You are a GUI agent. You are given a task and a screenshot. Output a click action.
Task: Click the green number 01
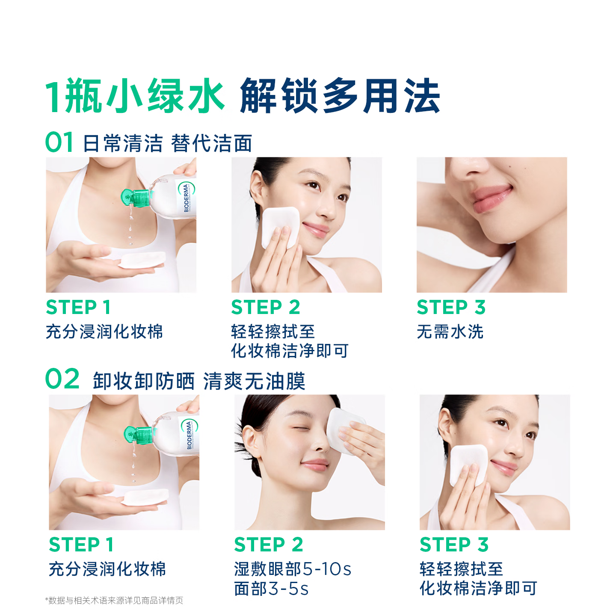[x=59, y=142]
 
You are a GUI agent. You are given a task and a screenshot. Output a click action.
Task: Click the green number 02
[x=62, y=379]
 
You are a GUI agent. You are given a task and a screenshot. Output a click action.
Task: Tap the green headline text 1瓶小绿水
[x=135, y=95]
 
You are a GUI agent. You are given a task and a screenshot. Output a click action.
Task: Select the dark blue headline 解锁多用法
[x=340, y=95]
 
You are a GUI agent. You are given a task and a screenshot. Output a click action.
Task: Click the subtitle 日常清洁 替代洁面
[x=168, y=143]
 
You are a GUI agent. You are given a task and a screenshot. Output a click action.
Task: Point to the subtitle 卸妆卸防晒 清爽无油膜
[x=199, y=381]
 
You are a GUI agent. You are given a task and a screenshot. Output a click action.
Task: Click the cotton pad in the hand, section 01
[x=142, y=260]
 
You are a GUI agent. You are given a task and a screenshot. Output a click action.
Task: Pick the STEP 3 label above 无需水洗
[x=451, y=308]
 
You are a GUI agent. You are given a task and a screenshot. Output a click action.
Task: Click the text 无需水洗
[x=450, y=332]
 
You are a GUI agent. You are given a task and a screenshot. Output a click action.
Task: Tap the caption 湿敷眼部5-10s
[x=293, y=569]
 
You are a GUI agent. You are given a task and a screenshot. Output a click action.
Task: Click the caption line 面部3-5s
[x=271, y=589]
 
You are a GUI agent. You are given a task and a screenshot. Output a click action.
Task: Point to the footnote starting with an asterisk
[x=114, y=601]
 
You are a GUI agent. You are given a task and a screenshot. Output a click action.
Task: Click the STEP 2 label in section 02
[x=269, y=545]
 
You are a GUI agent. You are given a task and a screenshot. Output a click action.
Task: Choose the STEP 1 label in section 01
[x=78, y=308]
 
